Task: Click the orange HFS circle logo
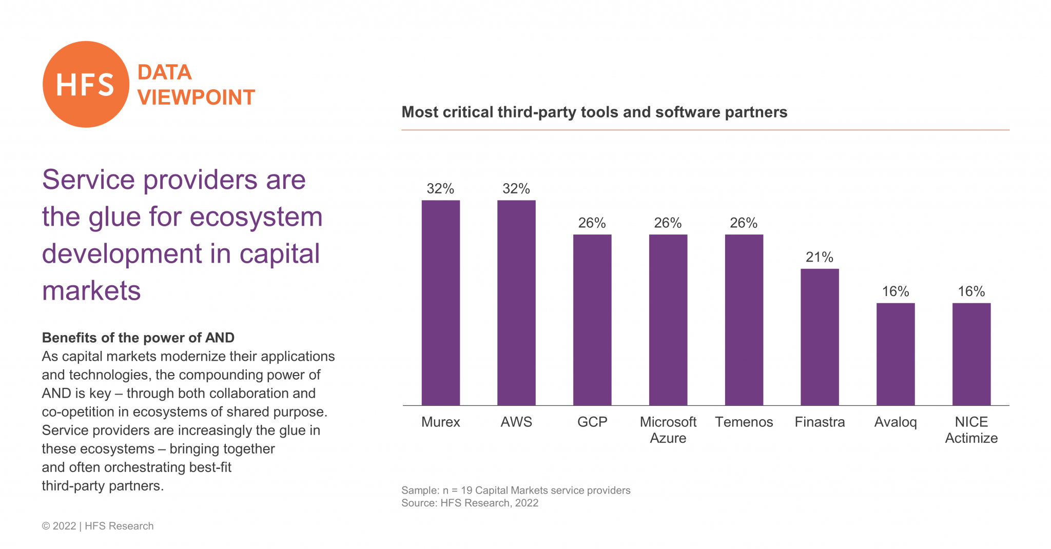click(x=86, y=85)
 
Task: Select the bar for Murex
click(x=440, y=303)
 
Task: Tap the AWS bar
click(x=516, y=303)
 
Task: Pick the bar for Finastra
click(x=820, y=337)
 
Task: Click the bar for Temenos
click(x=744, y=320)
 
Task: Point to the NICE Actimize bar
click(x=971, y=354)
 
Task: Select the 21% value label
click(x=820, y=257)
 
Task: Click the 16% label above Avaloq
click(x=896, y=291)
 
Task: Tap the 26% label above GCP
click(x=592, y=223)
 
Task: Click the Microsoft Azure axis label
click(x=668, y=430)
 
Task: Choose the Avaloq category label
click(x=896, y=422)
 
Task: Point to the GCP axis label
click(x=592, y=422)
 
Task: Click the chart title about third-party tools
click(x=594, y=112)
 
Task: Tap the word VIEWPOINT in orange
click(x=196, y=97)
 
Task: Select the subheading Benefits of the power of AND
click(x=138, y=338)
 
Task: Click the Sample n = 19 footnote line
click(x=516, y=490)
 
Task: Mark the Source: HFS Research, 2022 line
click(x=470, y=503)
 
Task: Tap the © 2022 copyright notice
click(x=98, y=526)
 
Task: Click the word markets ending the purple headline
click(x=91, y=291)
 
